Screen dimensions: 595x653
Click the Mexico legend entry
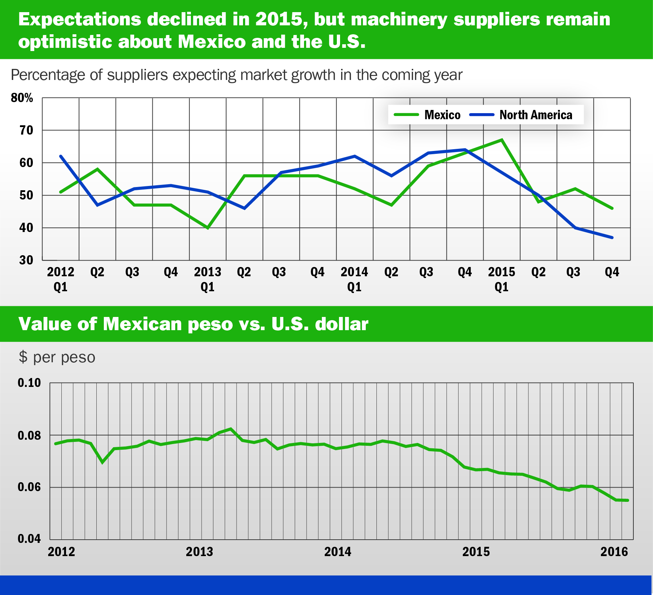(427, 115)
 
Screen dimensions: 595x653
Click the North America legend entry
(521, 115)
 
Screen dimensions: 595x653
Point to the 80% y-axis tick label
(22, 98)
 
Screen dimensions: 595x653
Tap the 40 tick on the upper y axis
(26, 228)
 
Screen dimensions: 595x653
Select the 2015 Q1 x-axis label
(501, 279)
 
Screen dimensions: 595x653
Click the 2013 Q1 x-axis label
(207, 279)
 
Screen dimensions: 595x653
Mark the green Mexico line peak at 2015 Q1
(502, 140)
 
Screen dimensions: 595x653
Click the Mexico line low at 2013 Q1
(208, 228)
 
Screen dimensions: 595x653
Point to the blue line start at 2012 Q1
(61, 156)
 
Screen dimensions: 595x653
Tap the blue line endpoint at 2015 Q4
(612, 237)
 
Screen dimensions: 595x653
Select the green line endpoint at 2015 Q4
(612, 208)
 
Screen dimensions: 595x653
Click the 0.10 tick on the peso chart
(29, 383)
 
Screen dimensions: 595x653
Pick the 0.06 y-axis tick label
(29, 487)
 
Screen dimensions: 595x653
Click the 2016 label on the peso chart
(614, 552)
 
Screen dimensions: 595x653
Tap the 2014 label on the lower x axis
(338, 552)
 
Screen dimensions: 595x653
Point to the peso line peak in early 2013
(231, 429)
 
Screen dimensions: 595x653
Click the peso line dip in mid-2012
(103, 462)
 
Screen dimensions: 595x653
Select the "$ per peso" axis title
(57, 357)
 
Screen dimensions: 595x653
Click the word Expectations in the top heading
(79, 19)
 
